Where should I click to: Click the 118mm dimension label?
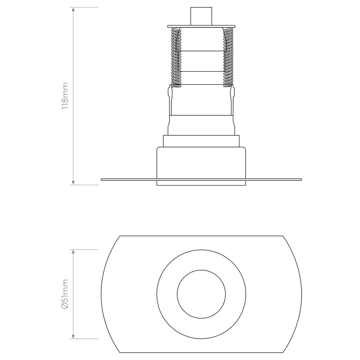pos(65,96)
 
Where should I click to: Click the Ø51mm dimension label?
pos(65,294)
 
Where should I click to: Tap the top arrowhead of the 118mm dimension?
pos(73,10)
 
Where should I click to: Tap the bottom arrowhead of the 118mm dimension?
pos(73,182)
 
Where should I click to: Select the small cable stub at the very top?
pos(201,16)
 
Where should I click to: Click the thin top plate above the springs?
pos(201,26)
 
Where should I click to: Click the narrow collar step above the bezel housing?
pos(201,141)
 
